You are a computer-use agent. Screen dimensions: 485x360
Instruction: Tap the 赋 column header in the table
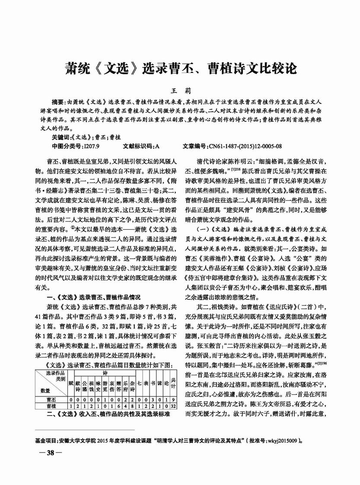(71, 382)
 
